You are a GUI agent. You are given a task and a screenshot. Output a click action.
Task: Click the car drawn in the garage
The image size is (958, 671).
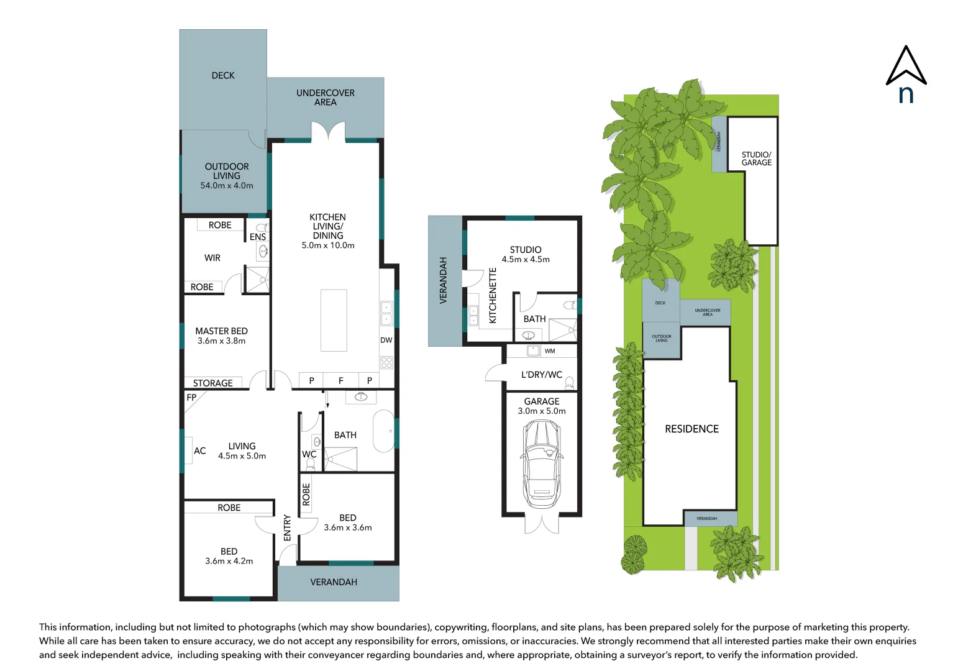[x=542, y=463]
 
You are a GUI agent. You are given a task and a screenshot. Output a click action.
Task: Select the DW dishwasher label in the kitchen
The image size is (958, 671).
[x=386, y=340]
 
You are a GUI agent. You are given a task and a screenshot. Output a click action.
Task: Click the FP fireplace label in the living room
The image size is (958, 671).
[x=191, y=398]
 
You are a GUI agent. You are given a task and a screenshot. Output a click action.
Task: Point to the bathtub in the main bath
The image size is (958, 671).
[x=383, y=431]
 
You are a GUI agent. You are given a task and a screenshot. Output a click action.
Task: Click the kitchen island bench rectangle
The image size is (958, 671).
[x=334, y=320]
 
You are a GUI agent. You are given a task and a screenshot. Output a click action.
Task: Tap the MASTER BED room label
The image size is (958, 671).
[x=221, y=331]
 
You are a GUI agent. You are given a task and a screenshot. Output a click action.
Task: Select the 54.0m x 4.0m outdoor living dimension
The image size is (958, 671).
[x=227, y=186]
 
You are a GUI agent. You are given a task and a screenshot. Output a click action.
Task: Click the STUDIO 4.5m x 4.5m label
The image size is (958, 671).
[x=526, y=254]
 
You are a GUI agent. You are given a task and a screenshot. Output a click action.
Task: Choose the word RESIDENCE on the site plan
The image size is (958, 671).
[x=691, y=429]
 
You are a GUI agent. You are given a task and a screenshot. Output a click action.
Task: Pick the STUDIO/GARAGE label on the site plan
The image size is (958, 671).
[x=756, y=158]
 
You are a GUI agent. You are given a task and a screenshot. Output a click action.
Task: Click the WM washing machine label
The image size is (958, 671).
[x=550, y=351]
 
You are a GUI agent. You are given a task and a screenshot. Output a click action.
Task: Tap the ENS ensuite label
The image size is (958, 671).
[x=258, y=237]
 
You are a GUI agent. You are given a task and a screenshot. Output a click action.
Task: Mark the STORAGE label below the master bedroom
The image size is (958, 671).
[x=213, y=383]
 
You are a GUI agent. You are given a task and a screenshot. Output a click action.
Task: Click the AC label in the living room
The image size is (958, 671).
[x=199, y=451]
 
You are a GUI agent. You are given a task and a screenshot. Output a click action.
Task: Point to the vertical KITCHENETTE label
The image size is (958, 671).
[x=493, y=295]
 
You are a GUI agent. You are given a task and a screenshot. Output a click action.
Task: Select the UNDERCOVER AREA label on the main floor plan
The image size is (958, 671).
[x=326, y=98]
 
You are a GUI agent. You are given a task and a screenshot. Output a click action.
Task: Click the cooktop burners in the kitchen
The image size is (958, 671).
[x=386, y=362]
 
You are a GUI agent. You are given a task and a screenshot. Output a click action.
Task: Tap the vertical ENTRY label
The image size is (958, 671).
[x=287, y=527]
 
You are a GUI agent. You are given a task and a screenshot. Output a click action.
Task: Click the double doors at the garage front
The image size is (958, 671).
[x=542, y=524]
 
